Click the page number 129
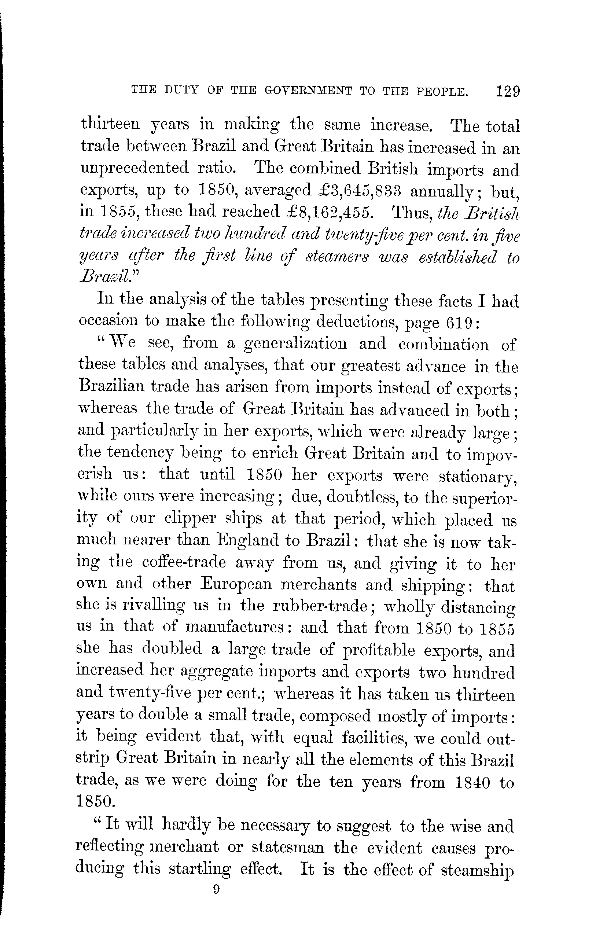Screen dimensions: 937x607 coord(508,92)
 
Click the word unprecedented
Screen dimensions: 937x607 coord(135,169)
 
